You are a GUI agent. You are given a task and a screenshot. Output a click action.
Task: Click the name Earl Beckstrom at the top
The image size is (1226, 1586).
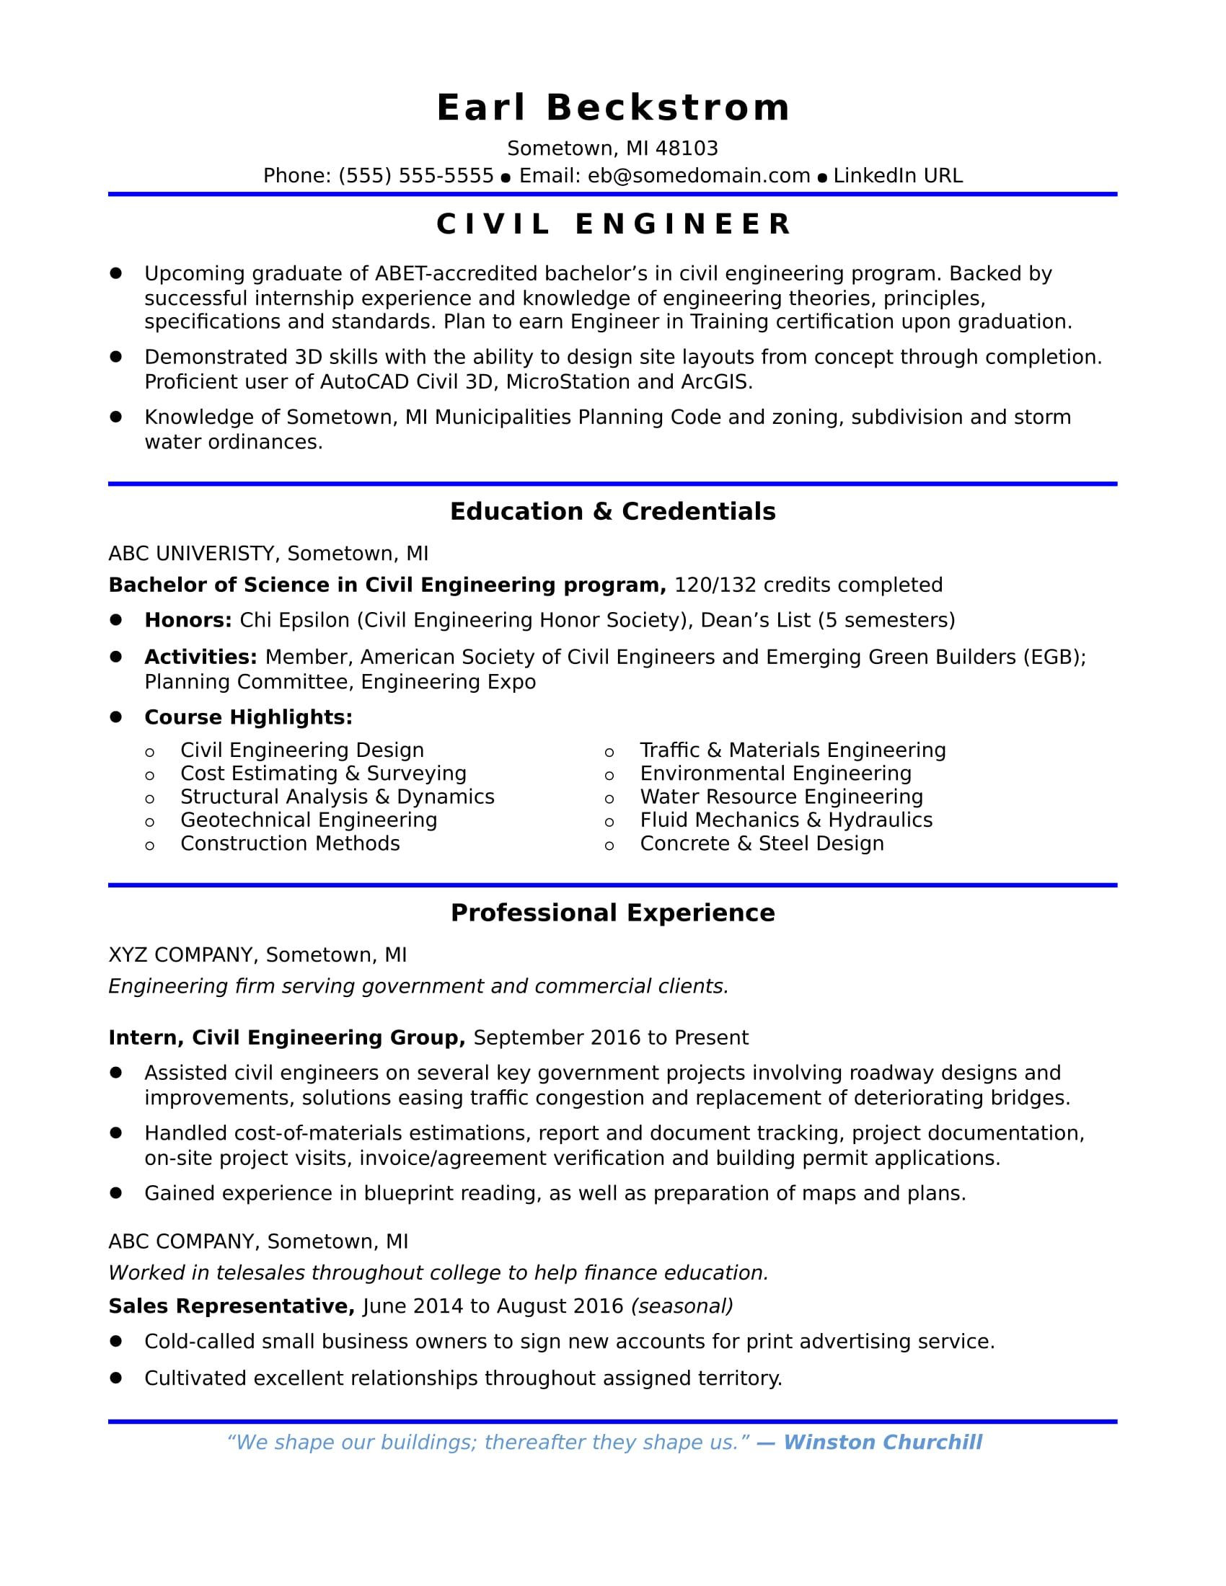pos(612,108)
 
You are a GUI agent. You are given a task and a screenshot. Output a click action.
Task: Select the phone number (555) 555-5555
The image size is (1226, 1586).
pos(415,176)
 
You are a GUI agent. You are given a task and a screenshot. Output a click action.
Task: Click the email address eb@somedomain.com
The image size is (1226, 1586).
pos(699,176)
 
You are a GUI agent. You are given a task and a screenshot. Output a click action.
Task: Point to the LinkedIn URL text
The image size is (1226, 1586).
pos(898,176)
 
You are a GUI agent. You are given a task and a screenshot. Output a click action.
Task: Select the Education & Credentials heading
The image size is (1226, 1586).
pos(612,512)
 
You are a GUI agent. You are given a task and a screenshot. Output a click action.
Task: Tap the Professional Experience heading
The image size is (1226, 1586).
pos(612,913)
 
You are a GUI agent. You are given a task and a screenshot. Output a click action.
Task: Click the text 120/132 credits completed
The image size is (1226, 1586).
pos(808,585)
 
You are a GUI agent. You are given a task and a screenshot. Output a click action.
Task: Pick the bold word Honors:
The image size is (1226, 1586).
pos(188,620)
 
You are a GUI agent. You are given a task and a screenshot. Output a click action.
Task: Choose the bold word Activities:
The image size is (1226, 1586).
pos(200,657)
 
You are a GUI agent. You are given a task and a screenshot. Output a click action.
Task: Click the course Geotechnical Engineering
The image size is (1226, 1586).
pos(309,820)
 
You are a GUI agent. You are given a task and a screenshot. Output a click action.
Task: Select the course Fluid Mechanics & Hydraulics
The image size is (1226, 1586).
pos(786,820)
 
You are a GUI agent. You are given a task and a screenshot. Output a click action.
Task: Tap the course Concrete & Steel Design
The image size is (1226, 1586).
pos(762,843)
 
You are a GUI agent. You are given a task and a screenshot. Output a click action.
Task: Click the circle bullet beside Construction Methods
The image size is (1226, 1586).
pos(149,846)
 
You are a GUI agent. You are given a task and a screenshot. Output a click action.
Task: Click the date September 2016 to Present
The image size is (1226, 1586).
pos(610,1037)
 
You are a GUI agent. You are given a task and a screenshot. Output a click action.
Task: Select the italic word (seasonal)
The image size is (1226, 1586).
pos(682,1306)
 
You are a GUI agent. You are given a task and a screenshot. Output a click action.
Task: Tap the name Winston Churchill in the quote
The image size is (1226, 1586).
pos(883,1443)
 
